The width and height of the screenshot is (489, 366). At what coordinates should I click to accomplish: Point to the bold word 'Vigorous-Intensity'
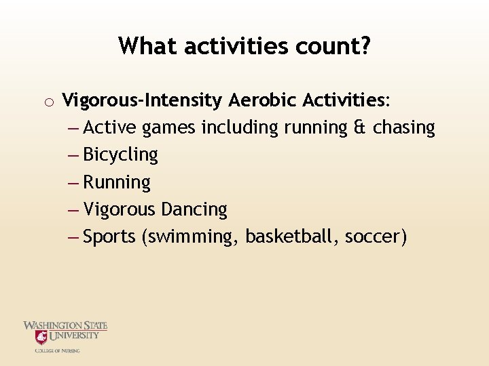click(142, 101)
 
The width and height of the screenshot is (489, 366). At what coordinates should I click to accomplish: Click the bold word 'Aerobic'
click(263, 101)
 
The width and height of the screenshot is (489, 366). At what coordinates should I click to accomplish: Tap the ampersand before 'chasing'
click(361, 127)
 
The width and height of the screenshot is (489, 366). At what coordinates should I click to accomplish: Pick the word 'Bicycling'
click(120, 155)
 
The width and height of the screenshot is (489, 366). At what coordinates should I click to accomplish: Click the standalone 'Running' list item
click(117, 183)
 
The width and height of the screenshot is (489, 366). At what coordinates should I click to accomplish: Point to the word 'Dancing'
click(194, 210)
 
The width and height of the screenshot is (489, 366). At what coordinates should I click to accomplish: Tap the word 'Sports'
click(109, 238)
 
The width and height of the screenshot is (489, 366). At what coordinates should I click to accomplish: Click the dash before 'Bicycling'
click(73, 155)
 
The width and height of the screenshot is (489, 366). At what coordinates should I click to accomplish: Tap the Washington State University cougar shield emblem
click(42, 337)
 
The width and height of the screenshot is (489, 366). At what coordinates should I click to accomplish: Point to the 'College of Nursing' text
click(58, 350)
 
